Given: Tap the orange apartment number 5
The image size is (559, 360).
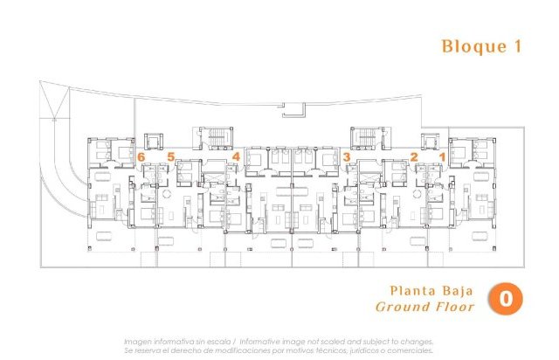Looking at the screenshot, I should pos(171,156).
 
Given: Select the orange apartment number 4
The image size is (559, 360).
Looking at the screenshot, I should pos(236,156).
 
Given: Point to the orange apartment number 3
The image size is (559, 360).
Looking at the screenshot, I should pos(347,156).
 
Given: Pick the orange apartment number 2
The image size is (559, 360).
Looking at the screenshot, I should pos(413,156).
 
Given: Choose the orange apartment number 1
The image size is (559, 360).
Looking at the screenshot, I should pos(442,156).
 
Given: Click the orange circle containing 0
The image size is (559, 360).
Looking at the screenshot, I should pos(506,298).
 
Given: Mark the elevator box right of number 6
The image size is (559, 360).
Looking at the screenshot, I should pos(155,140).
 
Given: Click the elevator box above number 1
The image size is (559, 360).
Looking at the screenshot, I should pos(431,140).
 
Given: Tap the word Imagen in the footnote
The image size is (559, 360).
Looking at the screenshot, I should pos(142,342).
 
